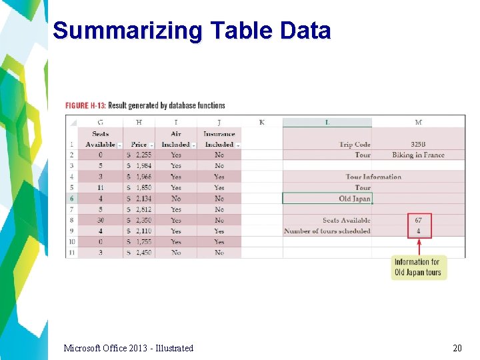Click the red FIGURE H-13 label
click(85, 105)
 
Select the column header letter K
click(261, 122)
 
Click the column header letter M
click(418, 122)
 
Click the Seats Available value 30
click(101, 220)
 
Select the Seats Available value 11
click(101, 188)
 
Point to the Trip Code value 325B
click(418, 145)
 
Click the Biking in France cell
click(418, 155)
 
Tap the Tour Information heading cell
click(373, 177)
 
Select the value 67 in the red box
click(418, 220)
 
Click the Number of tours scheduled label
click(327, 231)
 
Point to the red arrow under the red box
click(419, 246)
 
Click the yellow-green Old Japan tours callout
click(417, 267)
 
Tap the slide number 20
click(457, 348)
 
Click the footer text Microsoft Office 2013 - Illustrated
click(128, 348)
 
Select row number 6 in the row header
click(71, 199)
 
